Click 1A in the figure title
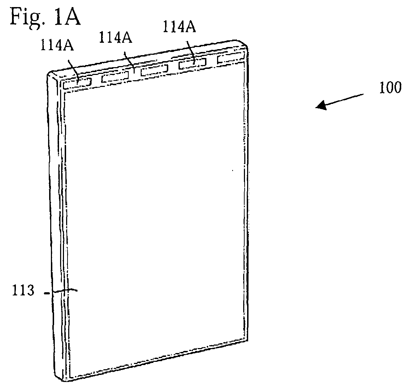(x=67, y=16)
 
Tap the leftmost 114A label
(x=57, y=45)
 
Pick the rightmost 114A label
(x=179, y=27)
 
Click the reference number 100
(x=390, y=88)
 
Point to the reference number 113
(x=23, y=290)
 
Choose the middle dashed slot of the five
(x=154, y=71)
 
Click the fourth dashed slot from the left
(x=193, y=64)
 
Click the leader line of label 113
(x=61, y=292)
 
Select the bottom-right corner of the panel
(x=247, y=340)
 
